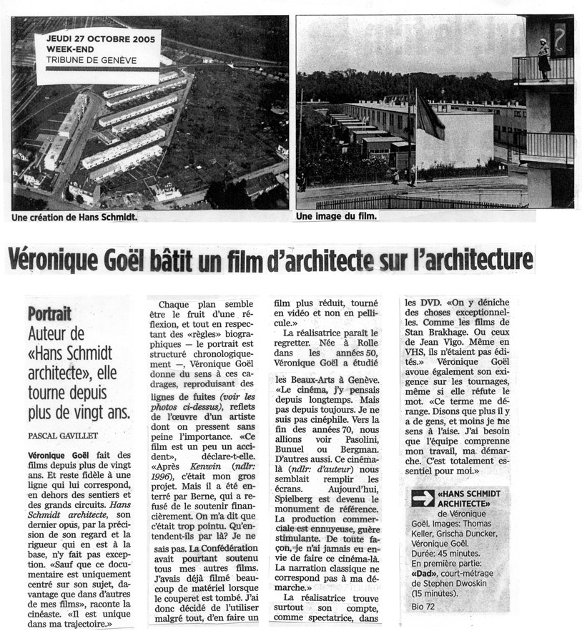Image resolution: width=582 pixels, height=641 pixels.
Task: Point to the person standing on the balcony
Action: [x=544, y=59]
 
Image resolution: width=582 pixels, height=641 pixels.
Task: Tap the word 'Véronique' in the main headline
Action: [x=69, y=259]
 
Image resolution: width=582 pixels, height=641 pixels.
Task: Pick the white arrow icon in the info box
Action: [x=423, y=498]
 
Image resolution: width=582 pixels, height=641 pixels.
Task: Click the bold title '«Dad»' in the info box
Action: [x=426, y=574]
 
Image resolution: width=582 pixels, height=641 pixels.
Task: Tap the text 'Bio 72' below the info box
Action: [x=420, y=607]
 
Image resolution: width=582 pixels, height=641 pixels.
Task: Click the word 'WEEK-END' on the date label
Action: [x=68, y=49]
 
